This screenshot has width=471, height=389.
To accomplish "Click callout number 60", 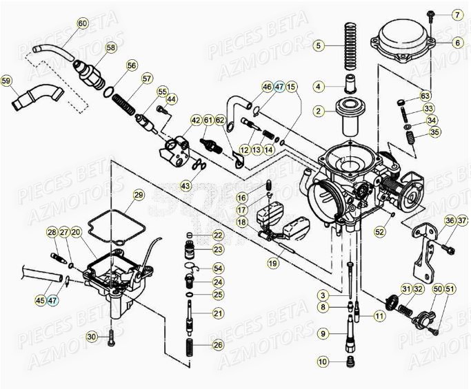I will [x=83, y=23].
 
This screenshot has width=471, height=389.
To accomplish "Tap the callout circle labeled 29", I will [x=139, y=196].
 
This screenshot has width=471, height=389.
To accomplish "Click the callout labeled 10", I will [x=322, y=361].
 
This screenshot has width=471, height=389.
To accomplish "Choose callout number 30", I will [x=90, y=336].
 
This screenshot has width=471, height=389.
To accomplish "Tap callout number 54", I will [x=217, y=268].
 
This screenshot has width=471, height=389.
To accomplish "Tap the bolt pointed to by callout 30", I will [x=111, y=337].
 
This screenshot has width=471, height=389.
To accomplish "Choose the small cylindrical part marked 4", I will [x=350, y=87].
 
